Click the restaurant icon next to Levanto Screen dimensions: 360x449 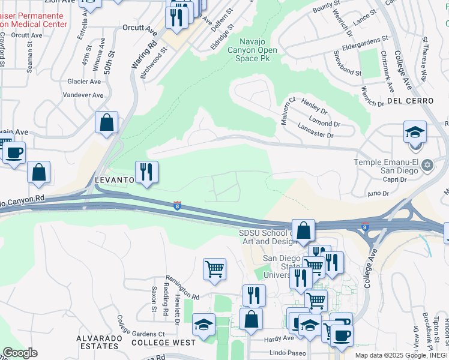click(x=146, y=172)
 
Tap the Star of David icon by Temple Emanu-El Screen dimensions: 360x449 click(x=427, y=164)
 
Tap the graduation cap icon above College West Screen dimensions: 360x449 click(x=204, y=325)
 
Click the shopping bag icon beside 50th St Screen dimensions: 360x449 click(x=106, y=122)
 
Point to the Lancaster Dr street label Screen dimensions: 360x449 click(x=315, y=131)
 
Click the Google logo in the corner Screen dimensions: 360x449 click(x=20, y=353)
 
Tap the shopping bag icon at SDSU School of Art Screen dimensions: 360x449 click(x=304, y=230)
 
